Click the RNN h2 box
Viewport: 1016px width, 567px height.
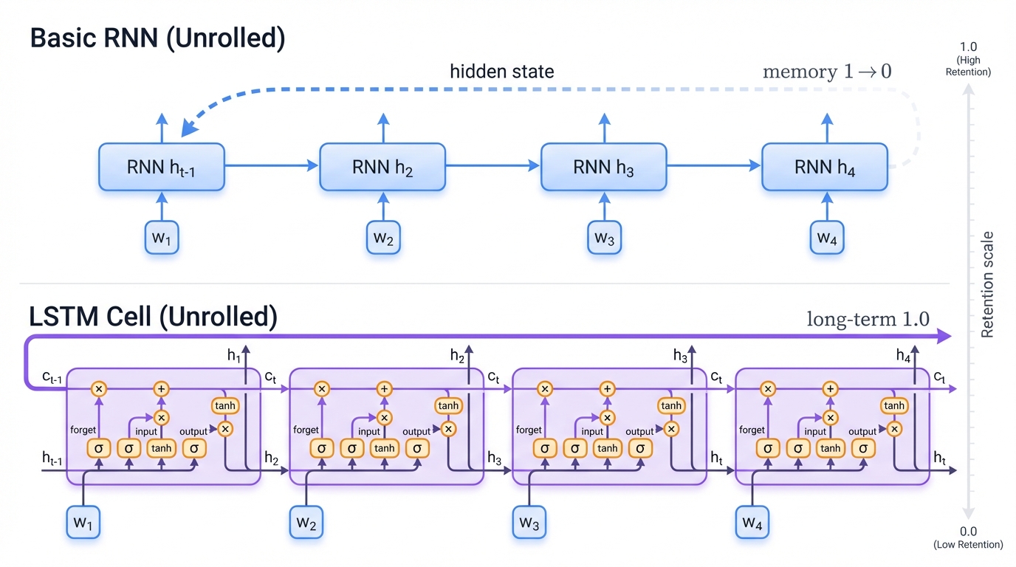click(x=382, y=168)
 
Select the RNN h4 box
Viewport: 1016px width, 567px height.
click(x=824, y=168)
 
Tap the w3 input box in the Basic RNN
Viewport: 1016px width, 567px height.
click(x=604, y=238)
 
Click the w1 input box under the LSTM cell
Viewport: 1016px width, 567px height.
click(x=83, y=523)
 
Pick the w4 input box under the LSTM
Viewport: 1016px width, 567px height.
click(x=752, y=523)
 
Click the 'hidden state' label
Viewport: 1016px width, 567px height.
click(x=501, y=72)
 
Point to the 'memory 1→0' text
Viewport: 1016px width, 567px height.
click(x=826, y=72)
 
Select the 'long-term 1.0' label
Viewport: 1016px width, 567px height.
click(x=868, y=319)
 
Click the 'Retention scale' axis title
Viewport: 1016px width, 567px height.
click(x=988, y=284)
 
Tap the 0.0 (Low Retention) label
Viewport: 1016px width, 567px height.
click(x=968, y=537)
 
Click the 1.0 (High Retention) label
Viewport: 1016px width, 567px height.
click(x=968, y=59)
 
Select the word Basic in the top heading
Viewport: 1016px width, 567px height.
click(x=63, y=38)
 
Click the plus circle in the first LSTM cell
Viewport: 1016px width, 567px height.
click(x=162, y=388)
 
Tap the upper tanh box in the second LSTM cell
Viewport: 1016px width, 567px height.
click(x=448, y=405)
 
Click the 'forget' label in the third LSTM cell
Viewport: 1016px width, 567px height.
click(x=529, y=430)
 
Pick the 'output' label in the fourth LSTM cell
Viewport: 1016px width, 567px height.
click(x=862, y=431)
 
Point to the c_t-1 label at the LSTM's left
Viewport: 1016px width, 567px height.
click(x=51, y=378)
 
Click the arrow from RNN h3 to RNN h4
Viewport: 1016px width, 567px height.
click(x=713, y=166)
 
